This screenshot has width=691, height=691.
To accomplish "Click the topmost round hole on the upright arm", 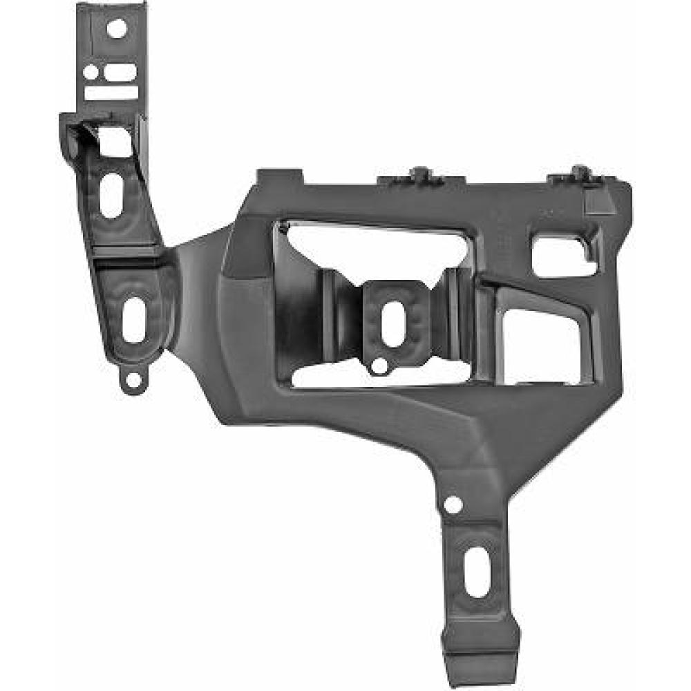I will (x=117, y=28).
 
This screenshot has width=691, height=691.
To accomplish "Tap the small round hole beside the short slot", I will (x=91, y=71).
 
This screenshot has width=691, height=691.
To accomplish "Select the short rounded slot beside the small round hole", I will (x=124, y=71).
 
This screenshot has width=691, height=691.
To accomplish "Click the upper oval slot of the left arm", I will (x=111, y=195).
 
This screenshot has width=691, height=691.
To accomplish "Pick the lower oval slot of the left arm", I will (x=133, y=319).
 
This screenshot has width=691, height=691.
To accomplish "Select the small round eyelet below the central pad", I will (x=378, y=365).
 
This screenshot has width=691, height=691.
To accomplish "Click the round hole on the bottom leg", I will (x=453, y=504).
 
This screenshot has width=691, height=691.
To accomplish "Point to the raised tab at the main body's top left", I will (x=279, y=177).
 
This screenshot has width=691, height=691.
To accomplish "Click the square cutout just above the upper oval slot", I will (x=113, y=142).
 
